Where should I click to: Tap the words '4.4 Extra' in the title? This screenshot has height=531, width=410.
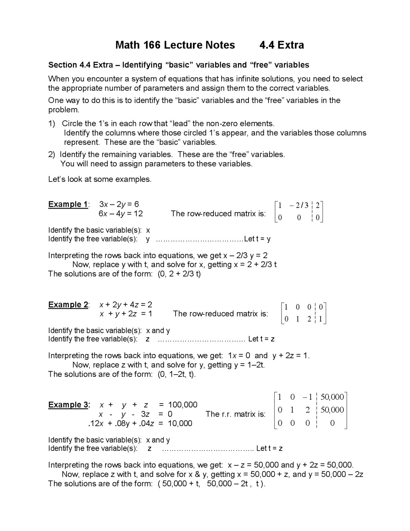[x=282, y=45]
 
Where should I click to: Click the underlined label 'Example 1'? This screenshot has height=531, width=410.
[x=68, y=204]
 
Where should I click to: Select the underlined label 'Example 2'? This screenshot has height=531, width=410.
[x=68, y=304]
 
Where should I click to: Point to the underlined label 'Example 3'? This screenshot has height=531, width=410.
[x=69, y=405]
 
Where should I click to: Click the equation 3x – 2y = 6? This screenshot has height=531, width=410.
[x=119, y=204]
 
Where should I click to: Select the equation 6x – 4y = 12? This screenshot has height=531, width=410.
[x=121, y=214]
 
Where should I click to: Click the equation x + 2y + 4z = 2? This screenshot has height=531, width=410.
[x=126, y=304]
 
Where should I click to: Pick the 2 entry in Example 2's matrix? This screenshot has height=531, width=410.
[x=309, y=319]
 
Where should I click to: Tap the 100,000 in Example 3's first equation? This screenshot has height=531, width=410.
[x=183, y=405]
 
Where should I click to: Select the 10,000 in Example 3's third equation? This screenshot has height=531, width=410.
[x=180, y=423]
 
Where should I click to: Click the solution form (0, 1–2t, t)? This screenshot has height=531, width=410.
[x=176, y=374]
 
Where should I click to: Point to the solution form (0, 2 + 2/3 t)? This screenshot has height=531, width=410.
[x=179, y=274]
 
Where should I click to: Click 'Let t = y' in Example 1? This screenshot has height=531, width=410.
[x=257, y=239]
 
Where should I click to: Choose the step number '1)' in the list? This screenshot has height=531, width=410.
[x=52, y=123]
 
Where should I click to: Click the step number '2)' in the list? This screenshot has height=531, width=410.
[x=52, y=155]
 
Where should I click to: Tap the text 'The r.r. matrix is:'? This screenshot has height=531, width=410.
[x=235, y=414]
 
